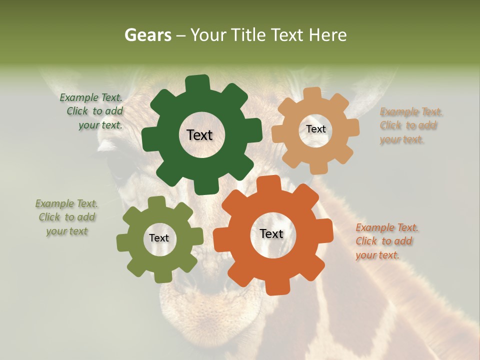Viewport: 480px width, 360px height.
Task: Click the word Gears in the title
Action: (147, 35)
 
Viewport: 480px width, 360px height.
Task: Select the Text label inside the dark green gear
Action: (199, 135)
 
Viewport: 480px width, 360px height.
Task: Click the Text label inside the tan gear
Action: (315, 129)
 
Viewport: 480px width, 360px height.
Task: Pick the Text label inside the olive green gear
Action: (159, 238)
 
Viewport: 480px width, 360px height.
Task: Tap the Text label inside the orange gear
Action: (271, 233)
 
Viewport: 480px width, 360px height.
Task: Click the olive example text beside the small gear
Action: (67, 217)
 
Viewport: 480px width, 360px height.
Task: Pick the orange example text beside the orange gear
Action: (386, 241)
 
